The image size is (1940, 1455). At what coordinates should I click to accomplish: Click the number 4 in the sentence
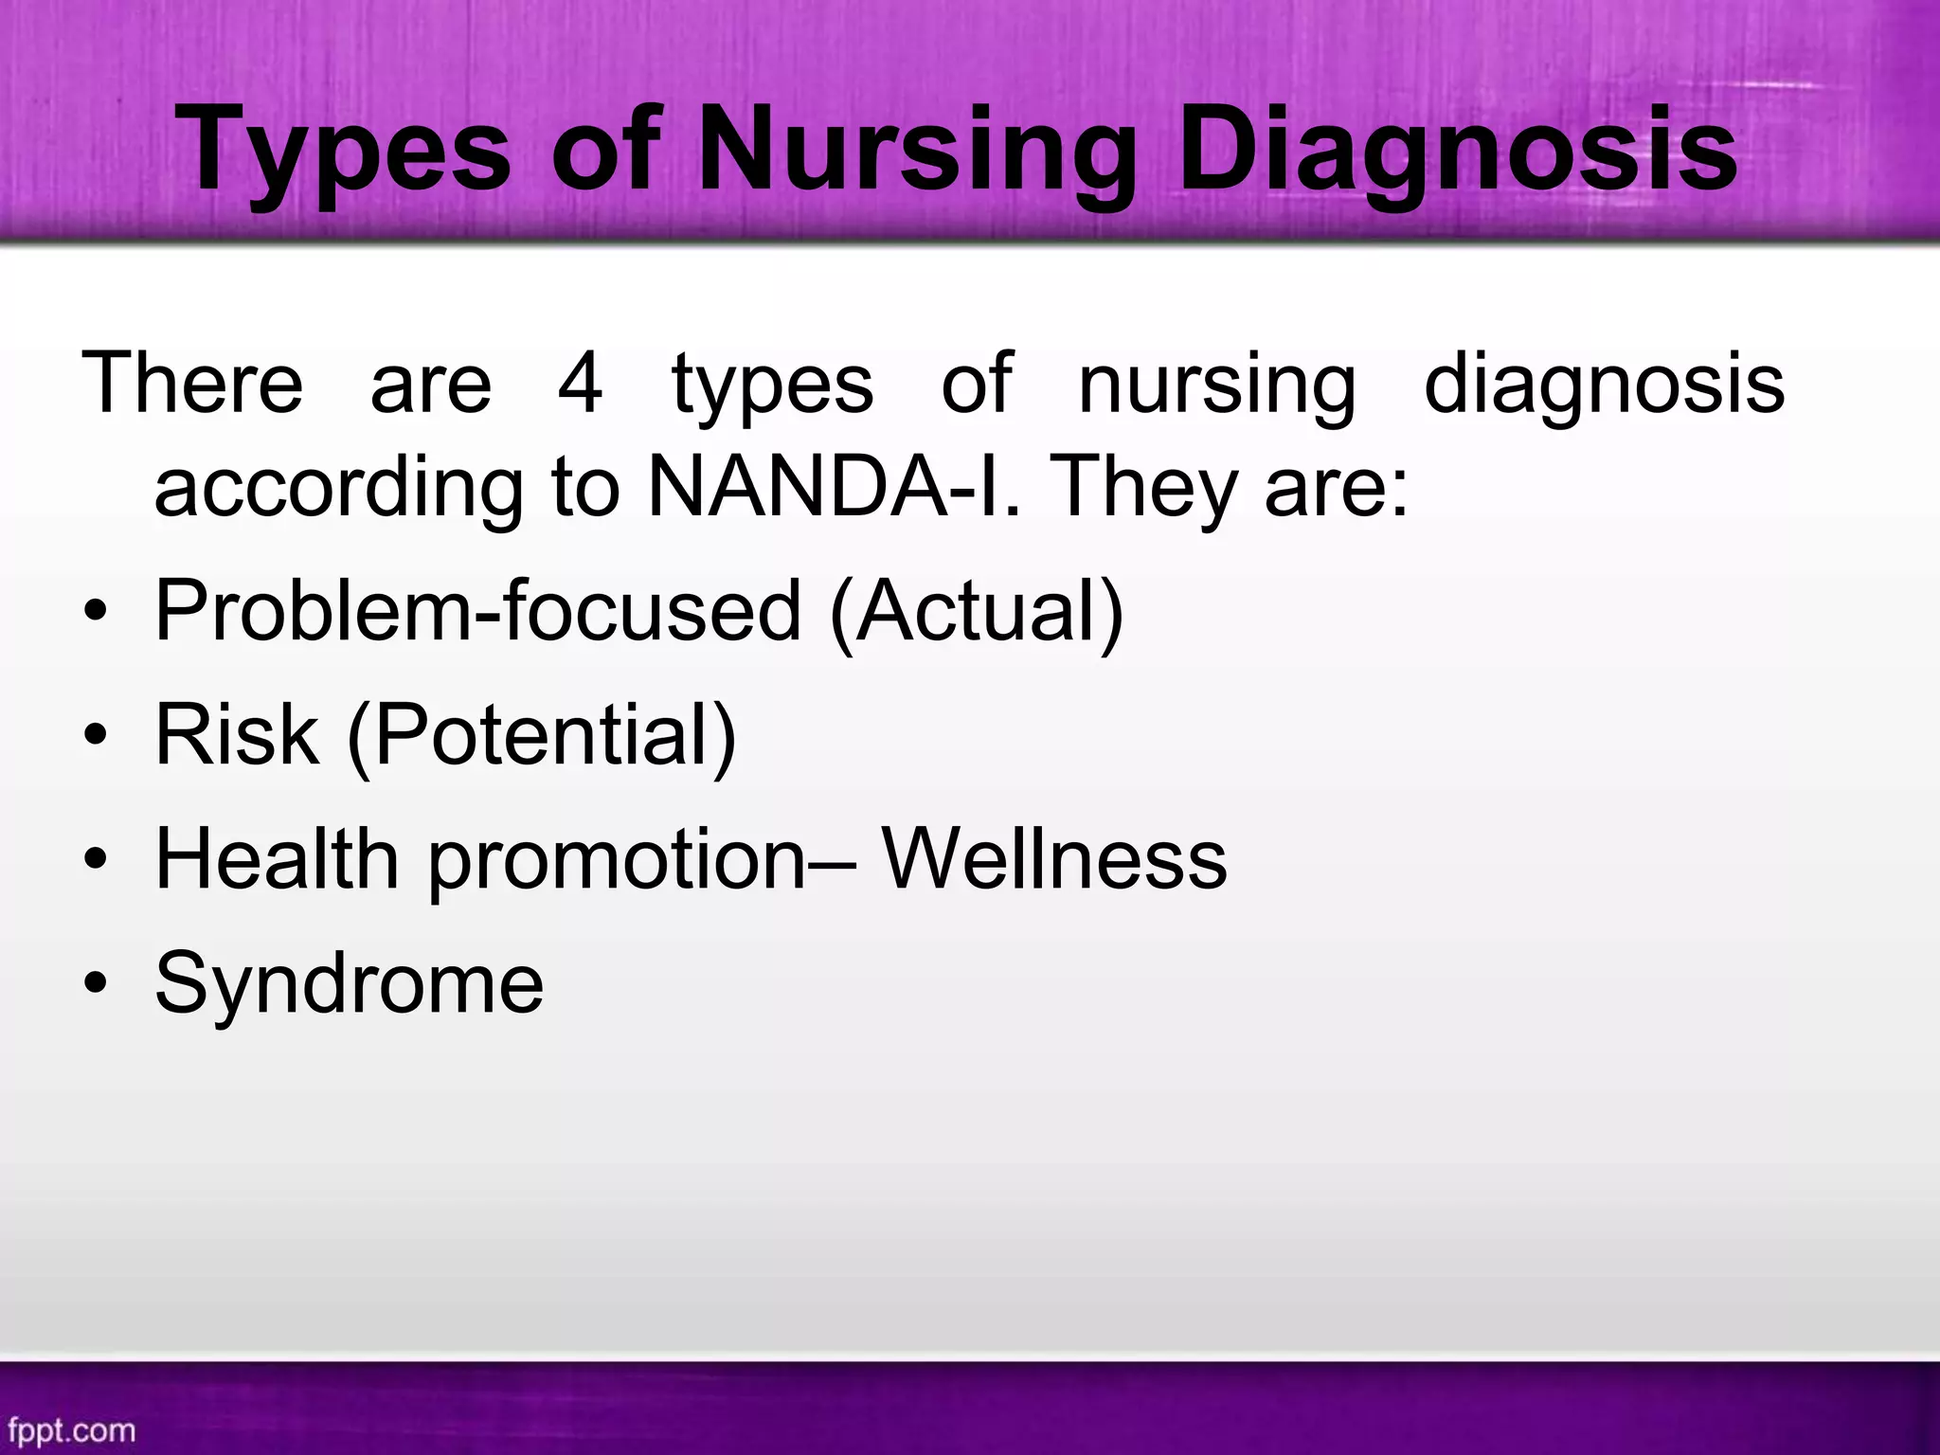pyautogui.click(x=580, y=384)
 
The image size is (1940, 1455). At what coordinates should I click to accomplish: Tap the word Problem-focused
pyautogui.click(x=478, y=611)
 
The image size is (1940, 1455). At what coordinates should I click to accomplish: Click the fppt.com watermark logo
pyautogui.click(x=72, y=1429)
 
